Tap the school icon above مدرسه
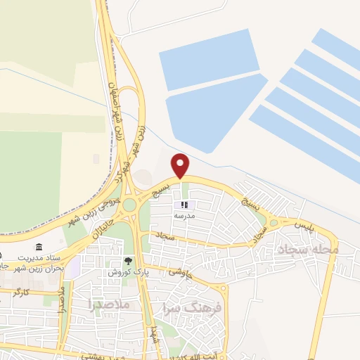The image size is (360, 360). point(185,205)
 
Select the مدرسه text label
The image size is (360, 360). point(185,216)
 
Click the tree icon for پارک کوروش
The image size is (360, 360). point(127,262)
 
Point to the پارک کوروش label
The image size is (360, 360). point(124,271)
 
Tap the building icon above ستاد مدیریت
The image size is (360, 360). point(38,247)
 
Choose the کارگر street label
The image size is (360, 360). point(22,290)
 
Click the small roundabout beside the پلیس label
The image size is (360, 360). point(273,223)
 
